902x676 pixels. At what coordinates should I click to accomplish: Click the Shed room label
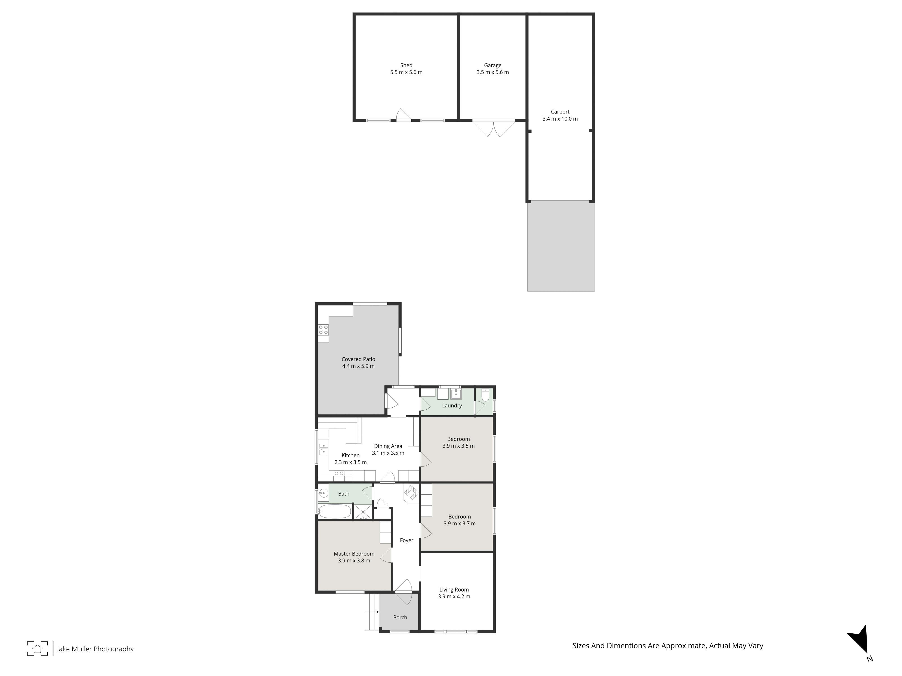click(x=406, y=65)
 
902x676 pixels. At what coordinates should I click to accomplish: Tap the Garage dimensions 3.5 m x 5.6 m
click(x=492, y=72)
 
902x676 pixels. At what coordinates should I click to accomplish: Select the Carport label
click(x=560, y=112)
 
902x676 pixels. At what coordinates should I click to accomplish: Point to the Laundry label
click(x=452, y=405)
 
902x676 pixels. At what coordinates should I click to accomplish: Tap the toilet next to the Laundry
click(x=485, y=395)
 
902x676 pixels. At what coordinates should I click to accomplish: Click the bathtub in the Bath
click(x=334, y=511)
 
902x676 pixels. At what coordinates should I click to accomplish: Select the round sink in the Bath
click(x=323, y=494)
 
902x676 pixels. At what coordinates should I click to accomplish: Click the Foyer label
click(x=407, y=540)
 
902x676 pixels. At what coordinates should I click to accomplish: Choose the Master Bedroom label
click(x=354, y=554)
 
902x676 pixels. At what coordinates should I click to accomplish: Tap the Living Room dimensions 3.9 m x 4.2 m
click(x=454, y=596)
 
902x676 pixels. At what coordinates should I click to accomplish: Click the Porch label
click(x=400, y=617)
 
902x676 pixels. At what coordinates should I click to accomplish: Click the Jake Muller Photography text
click(x=95, y=649)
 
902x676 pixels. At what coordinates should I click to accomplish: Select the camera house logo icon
click(x=37, y=649)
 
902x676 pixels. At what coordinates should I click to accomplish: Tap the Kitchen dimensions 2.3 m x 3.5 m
click(x=351, y=462)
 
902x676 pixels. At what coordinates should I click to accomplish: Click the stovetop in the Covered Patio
click(x=323, y=330)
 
